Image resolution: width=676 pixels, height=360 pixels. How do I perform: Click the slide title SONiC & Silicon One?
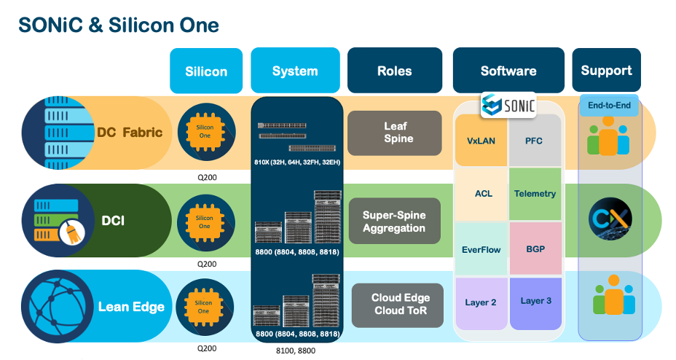(118, 24)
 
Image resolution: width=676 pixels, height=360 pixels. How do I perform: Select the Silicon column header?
(205, 71)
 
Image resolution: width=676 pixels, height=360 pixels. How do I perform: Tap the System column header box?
(295, 71)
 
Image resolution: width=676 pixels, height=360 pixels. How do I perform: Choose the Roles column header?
(394, 71)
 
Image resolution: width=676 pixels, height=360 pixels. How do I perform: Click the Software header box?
(508, 71)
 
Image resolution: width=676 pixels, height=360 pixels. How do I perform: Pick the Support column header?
(606, 71)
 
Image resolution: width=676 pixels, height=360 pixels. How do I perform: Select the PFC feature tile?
(535, 140)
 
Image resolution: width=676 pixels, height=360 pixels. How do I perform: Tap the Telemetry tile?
(535, 194)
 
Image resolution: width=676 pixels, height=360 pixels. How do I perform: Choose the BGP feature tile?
(535, 249)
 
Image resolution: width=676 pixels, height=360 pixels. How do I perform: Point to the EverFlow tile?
(482, 249)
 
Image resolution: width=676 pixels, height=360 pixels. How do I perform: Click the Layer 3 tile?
(535, 301)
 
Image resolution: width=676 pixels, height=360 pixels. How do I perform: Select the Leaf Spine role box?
(395, 133)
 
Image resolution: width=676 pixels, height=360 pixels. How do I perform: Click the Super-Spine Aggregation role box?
(394, 221)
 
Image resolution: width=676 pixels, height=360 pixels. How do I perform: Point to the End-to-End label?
(609, 105)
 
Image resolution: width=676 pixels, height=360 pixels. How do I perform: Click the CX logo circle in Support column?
(610, 218)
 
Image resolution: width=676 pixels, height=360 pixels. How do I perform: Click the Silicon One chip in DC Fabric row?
(205, 132)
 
